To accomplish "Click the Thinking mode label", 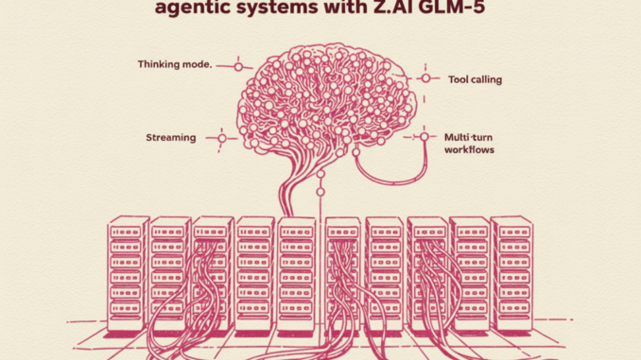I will point(174,65).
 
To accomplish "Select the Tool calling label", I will point(474,79).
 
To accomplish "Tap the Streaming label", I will point(172,138).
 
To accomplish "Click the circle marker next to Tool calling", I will point(424,78).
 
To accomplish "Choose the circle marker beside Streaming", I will point(222,138).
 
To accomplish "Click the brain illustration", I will point(318,99).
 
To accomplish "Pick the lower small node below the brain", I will point(321,193).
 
